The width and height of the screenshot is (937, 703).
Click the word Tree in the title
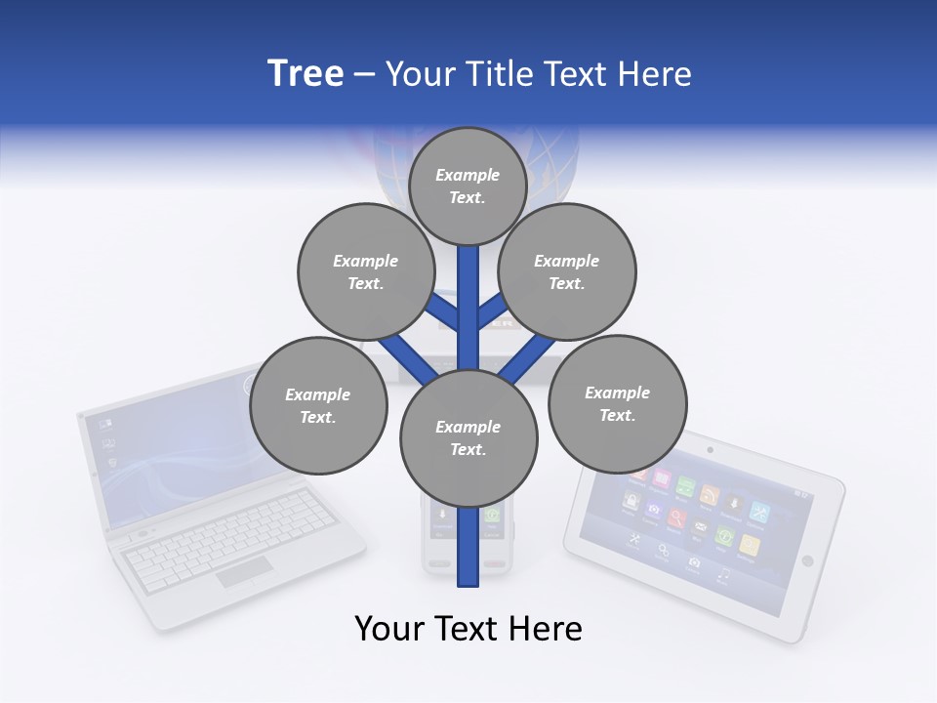[306, 73]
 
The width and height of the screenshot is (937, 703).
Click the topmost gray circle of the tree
[468, 186]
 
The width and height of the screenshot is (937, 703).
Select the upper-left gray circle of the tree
[365, 271]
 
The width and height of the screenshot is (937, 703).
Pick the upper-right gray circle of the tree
[567, 271]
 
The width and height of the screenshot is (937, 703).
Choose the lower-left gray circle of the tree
[318, 406]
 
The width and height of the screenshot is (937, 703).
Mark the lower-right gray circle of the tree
[617, 403]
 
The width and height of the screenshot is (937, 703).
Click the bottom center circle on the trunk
[468, 437]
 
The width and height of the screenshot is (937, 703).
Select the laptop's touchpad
[244, 572]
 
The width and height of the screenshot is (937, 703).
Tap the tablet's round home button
[807, 560]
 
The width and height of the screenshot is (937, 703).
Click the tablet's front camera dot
[710, 450]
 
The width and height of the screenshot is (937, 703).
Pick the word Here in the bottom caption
[549, 629]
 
